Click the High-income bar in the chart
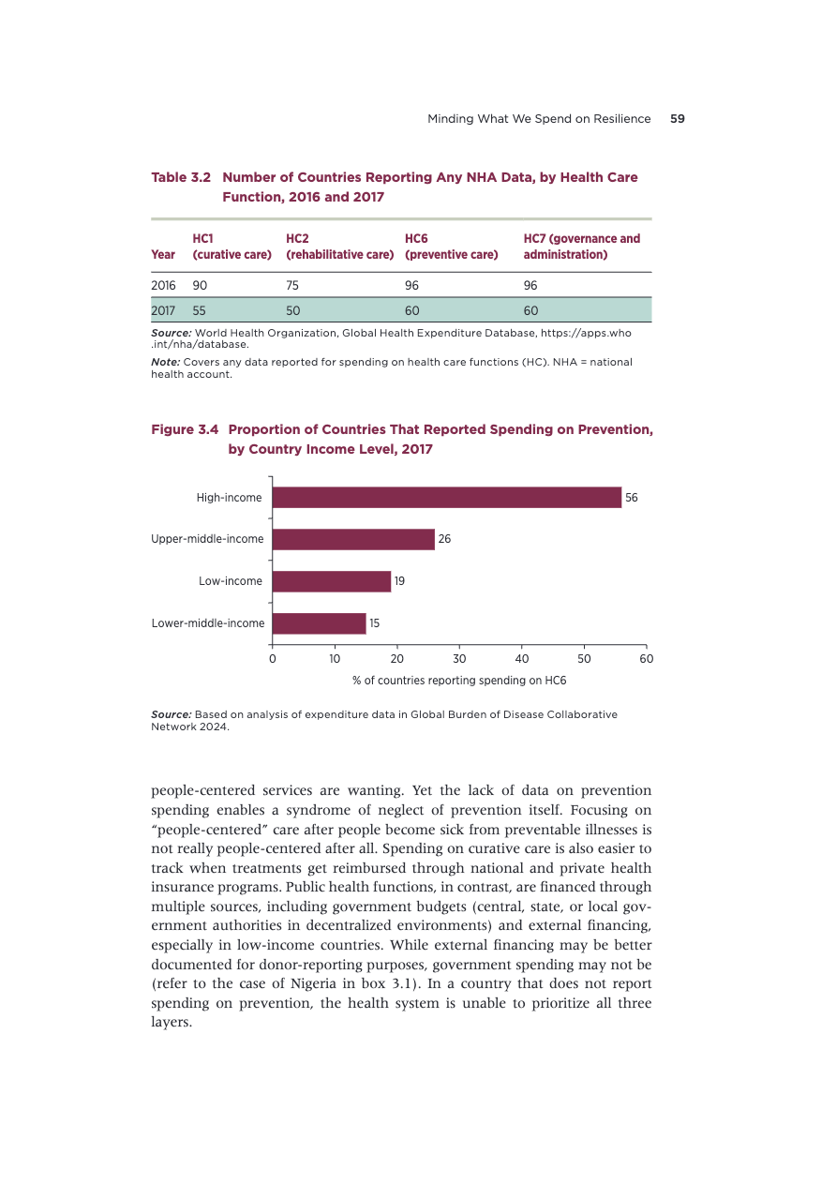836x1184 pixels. coord(446,498)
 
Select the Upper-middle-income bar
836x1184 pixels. coord(353,539)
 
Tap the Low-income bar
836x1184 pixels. coord(331,581)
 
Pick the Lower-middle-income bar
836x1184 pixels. coord(319,623)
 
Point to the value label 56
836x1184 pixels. coord(632,498)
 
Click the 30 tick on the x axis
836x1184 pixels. coord(459,659)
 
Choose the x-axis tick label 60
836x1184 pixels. coord(646,659)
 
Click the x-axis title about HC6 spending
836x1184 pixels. coord(459,681)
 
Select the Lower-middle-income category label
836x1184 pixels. coord(208,623)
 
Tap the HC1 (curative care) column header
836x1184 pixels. coord(231,247)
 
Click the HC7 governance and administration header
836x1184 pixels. coord(581,247)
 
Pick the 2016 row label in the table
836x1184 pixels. coord(164,285)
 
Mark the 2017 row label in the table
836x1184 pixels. coord(164,309)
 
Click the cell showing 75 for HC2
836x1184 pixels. coord(293,285)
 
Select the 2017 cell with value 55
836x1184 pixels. coord(201,309)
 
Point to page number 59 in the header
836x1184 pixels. coord(677,119)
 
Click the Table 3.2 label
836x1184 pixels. coord(181,177)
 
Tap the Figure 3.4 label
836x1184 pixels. coord(185,429)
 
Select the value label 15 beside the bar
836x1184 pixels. coord(375,623)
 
